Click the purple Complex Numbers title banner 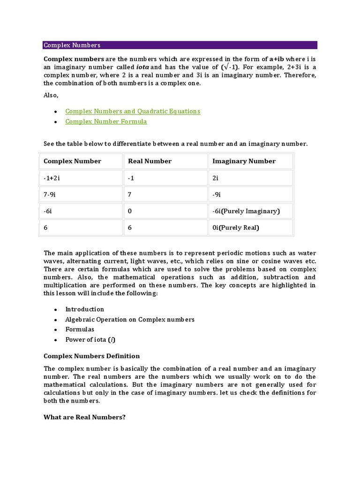point(180,45)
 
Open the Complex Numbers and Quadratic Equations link point(133,111)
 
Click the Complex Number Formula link point(106,121)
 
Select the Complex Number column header point(72,161)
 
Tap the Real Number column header point(150,161)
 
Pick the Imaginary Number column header point(244,161)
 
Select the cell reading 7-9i point(51,194)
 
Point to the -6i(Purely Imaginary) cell point(246,211)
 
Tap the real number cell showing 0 point(130,211)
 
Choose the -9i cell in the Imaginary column point(217,194)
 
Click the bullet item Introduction point(84,309)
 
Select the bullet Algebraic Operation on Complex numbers point(129,319)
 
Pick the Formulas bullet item point(80,330)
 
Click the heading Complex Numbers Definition point(91,356)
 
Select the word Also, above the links point(51,95)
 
